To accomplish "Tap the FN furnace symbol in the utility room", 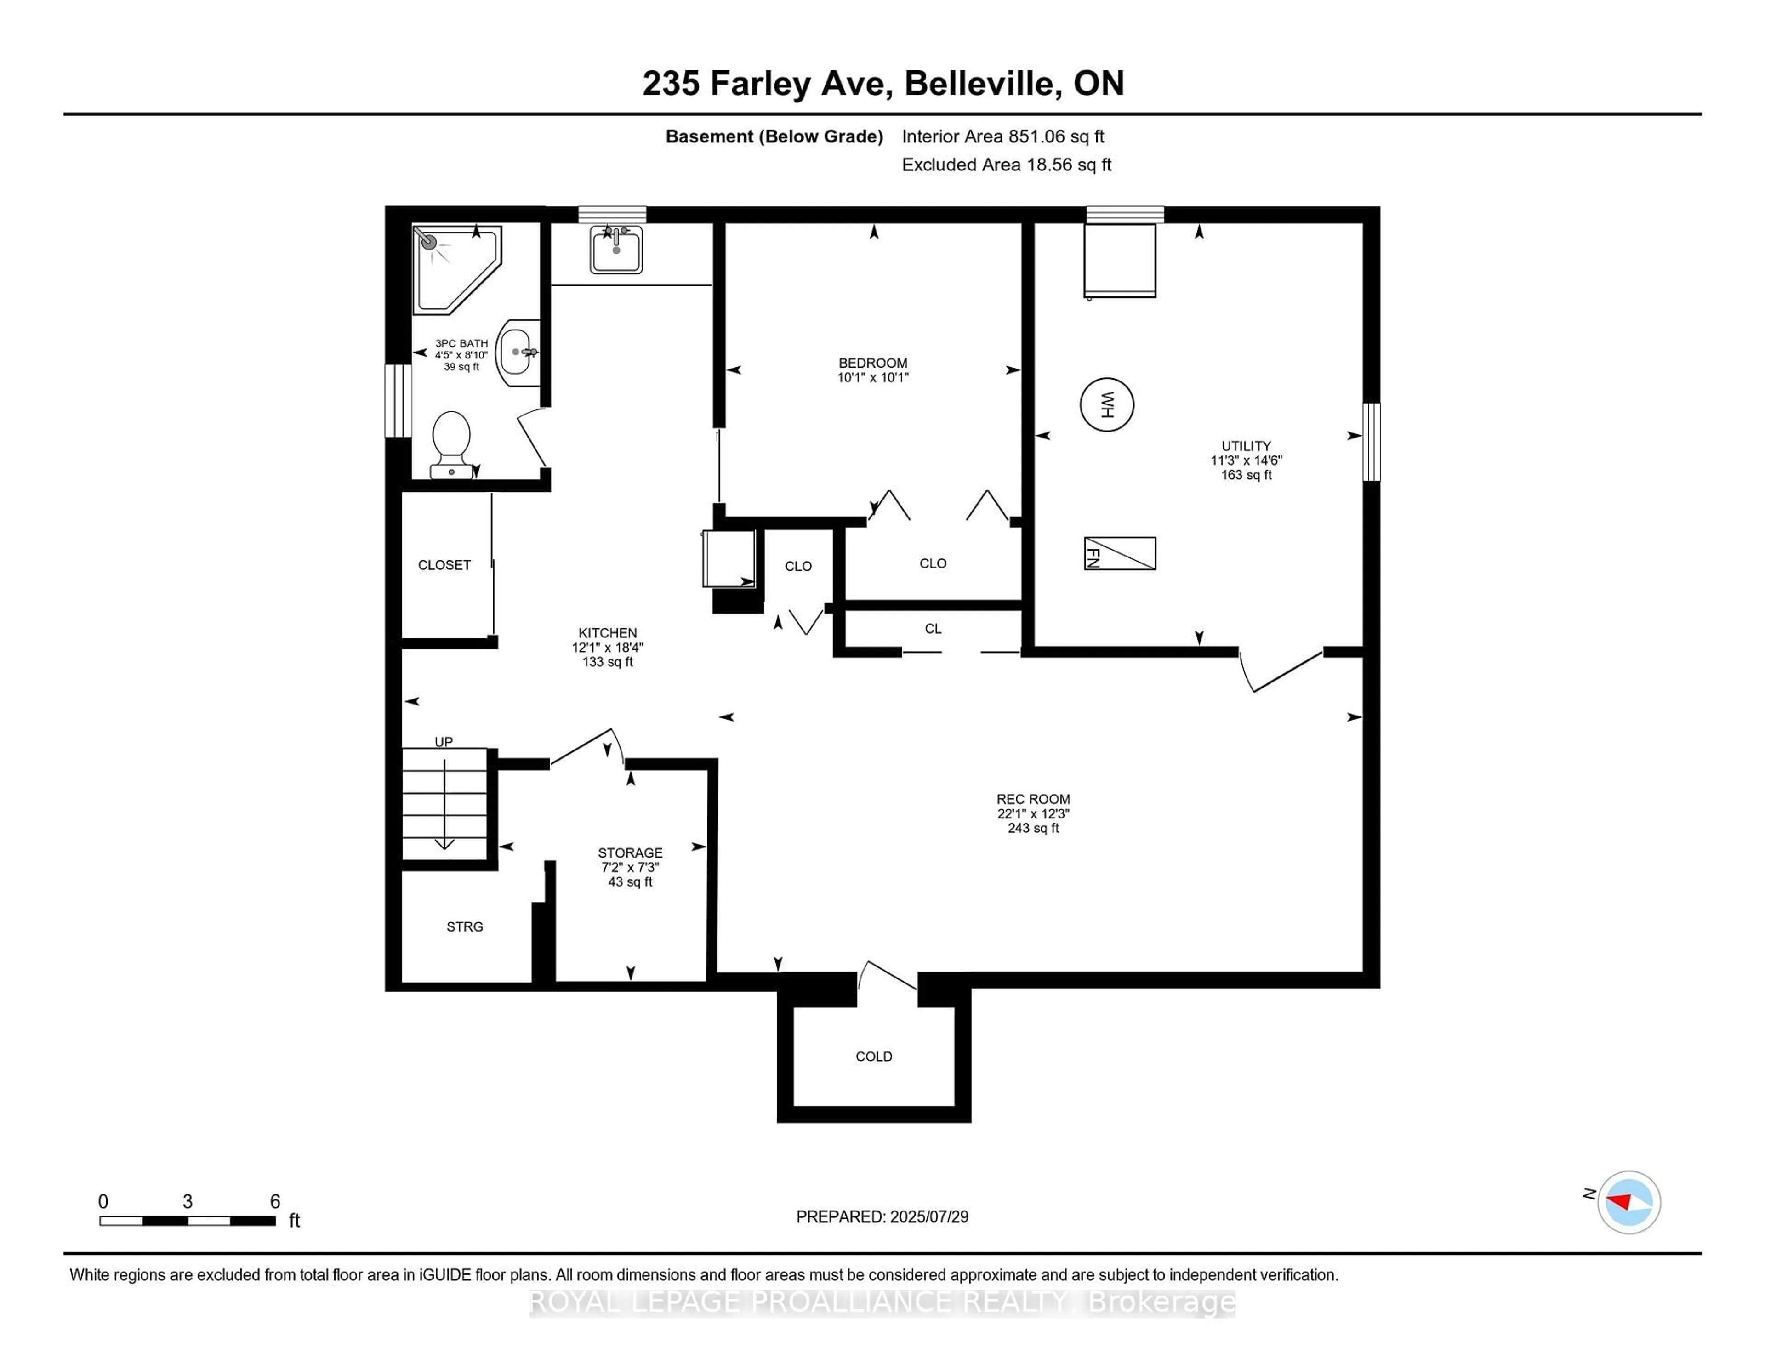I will pos(1119,553).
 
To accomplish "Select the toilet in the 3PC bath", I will pos(451,443).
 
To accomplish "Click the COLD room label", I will pos(874,1056).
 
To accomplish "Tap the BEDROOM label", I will pos(873,363).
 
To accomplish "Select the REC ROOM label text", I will pos(1033,799).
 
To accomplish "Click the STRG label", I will pos(465,927).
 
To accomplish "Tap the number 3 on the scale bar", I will pos(188,1202).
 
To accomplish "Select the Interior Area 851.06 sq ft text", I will pos(1003,136).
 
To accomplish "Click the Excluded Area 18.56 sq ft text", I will pos(1006,165).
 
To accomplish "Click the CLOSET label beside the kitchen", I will pos(444,565).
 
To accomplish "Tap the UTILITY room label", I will pos(1245,446).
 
